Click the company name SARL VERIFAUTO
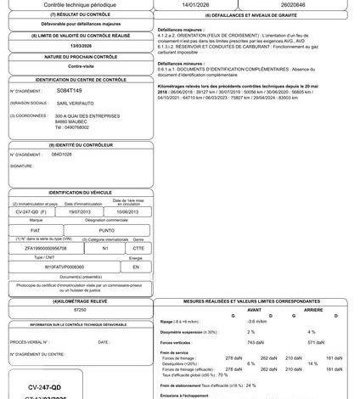point(74,102)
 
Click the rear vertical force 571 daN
point(316,341)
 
